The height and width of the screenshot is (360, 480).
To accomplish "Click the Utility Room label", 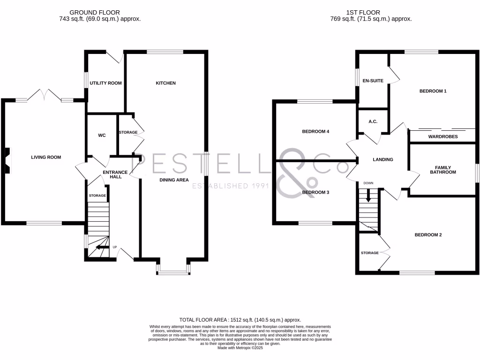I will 105,83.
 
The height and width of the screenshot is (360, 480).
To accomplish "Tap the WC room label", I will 102,135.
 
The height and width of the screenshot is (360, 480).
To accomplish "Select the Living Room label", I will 46,157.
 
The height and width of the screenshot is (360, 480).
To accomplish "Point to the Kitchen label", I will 165,83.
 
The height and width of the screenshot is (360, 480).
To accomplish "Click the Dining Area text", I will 174,180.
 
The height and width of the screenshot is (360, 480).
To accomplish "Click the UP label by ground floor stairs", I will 114,247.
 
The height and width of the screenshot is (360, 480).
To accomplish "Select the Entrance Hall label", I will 112,174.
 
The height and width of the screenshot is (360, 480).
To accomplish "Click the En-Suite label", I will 373,81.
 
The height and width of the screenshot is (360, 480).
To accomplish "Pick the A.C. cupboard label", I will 373,122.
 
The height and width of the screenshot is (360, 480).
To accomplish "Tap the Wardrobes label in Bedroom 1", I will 443,137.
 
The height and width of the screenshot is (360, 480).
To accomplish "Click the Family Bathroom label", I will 443,170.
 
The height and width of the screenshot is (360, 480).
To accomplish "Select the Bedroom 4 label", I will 315,132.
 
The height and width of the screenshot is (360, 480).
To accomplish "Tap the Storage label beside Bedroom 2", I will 369,253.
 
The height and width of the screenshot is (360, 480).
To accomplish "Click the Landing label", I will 382,160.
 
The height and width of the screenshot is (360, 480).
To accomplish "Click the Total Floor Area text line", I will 240,319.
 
